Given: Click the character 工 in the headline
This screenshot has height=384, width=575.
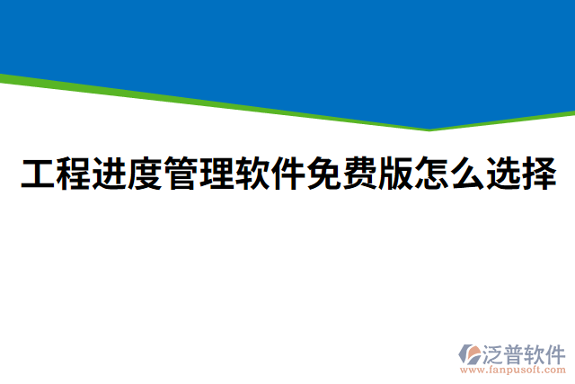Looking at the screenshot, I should (x=38, y=174).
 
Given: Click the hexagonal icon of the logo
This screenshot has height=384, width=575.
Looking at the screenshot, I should (x=470, y=353).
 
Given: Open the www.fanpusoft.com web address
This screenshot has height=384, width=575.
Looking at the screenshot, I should (x=512, y=369).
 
